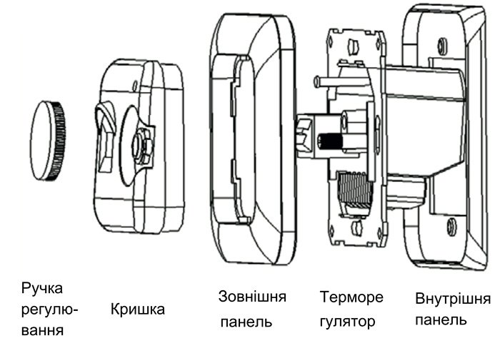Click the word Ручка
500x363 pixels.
click(42, 288)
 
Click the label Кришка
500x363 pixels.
click(138, 310)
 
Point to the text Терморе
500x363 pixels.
click(351, 297)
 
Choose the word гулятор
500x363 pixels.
click(348, 322)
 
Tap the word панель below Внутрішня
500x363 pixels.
click(441, 319)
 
